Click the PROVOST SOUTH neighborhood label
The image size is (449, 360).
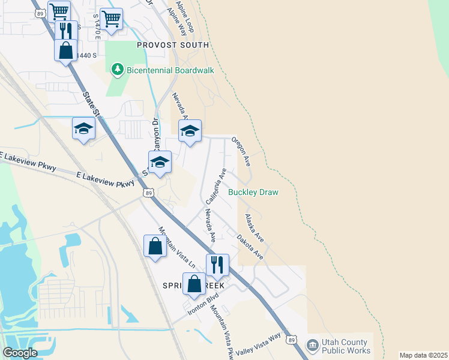coord(173,45)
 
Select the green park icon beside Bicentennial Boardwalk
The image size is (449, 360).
coord(118,71)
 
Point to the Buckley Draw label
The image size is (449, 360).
coord(253,193)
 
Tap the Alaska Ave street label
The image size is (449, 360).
coord(254,228)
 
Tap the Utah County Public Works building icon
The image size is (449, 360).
coord(312,345)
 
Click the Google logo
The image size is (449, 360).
coord(20,353)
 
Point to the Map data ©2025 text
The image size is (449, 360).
coord(423,355)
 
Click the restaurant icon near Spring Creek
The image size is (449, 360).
coord(217,264)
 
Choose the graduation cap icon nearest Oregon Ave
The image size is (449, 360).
coord(190,131)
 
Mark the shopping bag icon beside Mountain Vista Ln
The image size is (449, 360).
coord(155,246)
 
